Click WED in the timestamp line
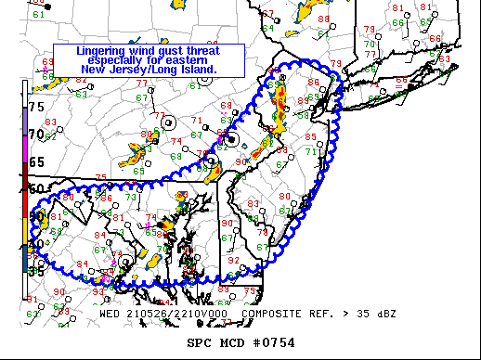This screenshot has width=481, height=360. pos(110,314)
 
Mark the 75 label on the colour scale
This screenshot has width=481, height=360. pos(36,108)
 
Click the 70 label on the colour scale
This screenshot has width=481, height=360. pos(36,135)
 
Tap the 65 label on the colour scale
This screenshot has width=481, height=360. pos(36,161)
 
